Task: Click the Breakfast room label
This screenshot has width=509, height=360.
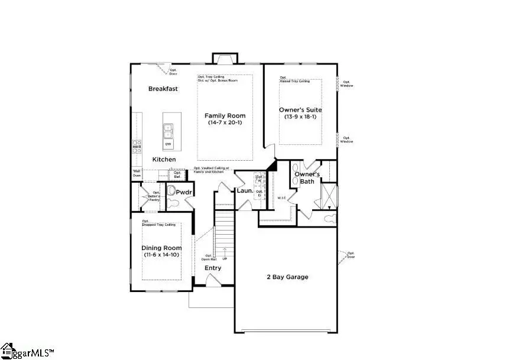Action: [163, 89]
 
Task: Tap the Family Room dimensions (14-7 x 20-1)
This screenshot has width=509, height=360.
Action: [225, 123]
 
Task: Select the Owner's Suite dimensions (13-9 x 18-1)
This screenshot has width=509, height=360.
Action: [300, 116]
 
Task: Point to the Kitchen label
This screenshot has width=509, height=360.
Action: [164, 160]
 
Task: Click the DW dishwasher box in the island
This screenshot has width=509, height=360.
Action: [168, 144]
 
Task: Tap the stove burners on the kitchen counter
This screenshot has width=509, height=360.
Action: [137, 146]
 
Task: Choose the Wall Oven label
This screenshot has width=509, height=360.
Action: [137, 173]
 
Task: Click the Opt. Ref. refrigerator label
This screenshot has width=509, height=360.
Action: [177, 175]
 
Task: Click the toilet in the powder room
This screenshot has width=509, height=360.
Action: [173, 203]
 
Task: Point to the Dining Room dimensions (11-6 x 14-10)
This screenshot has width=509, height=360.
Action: [161, 255]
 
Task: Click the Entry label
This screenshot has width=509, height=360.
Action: [213, 268]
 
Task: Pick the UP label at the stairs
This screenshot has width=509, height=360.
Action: [225, 259]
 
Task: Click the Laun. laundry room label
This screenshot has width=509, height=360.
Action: [245, 191]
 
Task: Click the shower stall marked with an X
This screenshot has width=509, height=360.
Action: [329, 196]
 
